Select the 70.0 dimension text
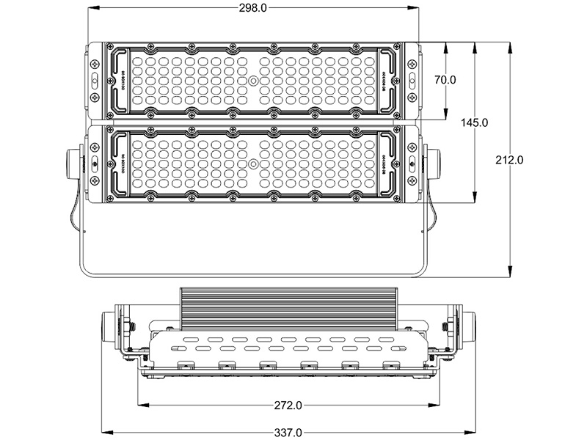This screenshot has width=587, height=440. point(445,79)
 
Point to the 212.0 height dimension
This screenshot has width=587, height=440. point(509,160)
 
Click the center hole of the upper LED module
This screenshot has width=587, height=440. point(252,80)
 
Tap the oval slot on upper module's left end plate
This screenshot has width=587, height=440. point(95,79)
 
